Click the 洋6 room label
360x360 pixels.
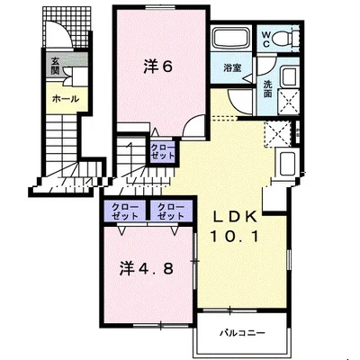(x=157, y=67)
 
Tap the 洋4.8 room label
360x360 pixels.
(x=147, y=268)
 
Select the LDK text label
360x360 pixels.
(x=235, y=217)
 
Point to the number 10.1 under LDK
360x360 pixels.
(x=235, y=237)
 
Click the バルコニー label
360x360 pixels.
(x=242, y=333)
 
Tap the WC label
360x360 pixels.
(x=266, y=39)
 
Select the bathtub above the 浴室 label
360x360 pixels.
(x=232, y=37)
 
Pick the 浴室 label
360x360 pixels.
(x=232, y=68)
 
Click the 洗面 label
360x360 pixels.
(x=267, y=89)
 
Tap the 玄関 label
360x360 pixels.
(x=55, y=66)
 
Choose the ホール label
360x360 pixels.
(x=66, y=98)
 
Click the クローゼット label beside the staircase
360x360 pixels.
(x=162, y=151)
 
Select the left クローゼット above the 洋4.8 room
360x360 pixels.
(x=125, y=211)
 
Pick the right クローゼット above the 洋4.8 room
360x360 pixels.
(x=171, y=211)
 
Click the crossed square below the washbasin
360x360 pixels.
(x=288, y=102)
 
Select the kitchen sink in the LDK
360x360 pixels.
(x=287, y=163)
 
